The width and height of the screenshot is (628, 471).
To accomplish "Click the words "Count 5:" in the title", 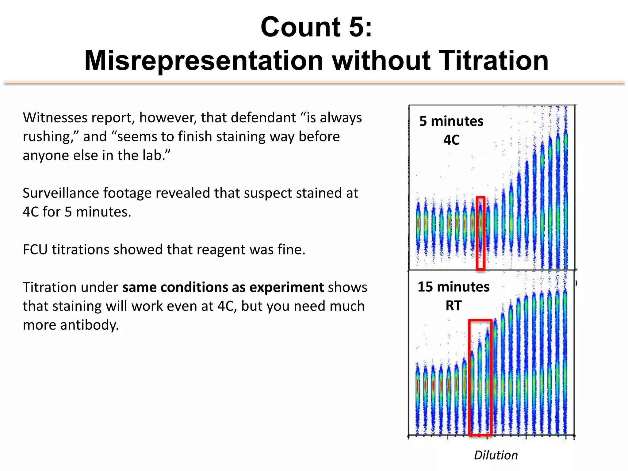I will click(316, 27).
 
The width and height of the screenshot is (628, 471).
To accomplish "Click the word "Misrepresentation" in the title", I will click(204, 60).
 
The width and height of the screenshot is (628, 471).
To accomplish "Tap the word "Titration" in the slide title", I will click(493, 60).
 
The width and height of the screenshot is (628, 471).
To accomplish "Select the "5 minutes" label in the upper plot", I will click(451, 121).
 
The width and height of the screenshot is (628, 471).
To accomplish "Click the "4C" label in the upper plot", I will click(451, 140).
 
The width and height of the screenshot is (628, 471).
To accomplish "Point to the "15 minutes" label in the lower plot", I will click(453, 287).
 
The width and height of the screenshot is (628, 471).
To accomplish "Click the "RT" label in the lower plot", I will click(454, 306).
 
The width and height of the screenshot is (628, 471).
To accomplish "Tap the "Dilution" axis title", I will click(496, 455).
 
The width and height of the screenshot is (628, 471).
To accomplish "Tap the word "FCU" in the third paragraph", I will click(35, 250).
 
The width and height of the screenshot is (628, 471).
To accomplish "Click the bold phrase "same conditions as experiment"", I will click(223, 287).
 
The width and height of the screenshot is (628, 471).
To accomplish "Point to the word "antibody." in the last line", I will click(89, 325).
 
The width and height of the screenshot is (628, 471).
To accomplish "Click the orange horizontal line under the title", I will click(314, 82).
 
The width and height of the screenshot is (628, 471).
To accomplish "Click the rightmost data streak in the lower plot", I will click(565, 362).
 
